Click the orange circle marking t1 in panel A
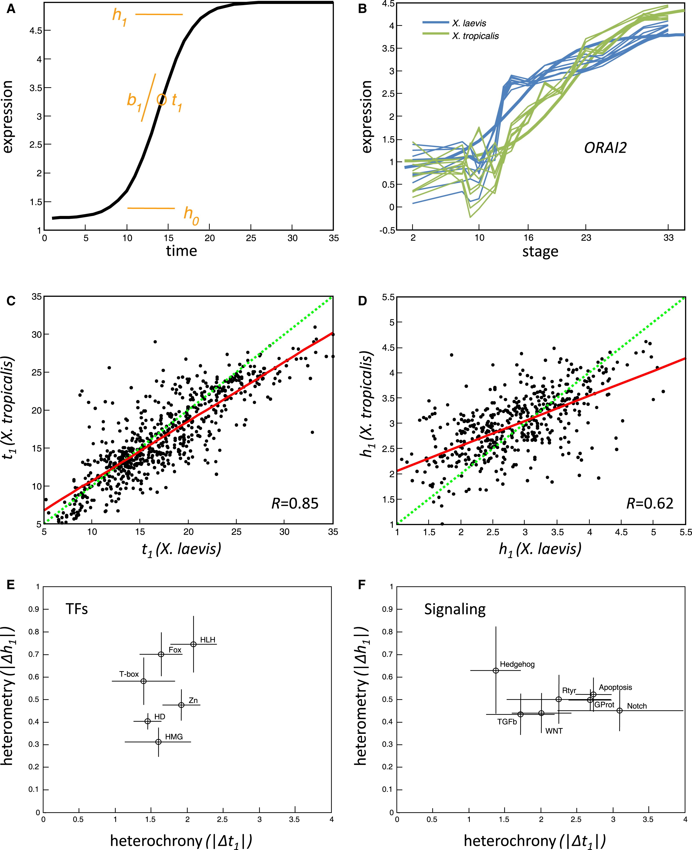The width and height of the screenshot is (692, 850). [161, 100]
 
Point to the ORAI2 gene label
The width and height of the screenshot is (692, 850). [605, 148]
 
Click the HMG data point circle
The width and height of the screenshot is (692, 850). [158, 742]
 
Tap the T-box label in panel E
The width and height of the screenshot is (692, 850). [129, 674]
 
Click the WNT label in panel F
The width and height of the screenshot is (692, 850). [554, 731]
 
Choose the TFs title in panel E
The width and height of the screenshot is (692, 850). [76, 609]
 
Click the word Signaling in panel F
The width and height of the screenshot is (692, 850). [454, 609]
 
